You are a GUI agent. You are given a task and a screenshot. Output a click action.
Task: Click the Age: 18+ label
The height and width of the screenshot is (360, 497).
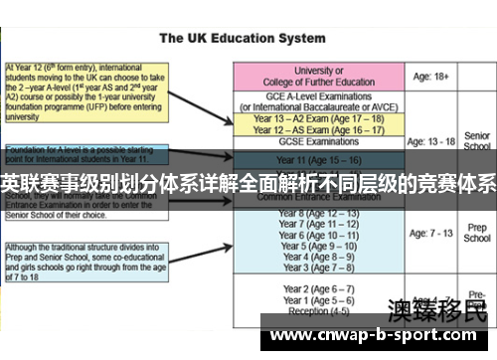(435, 76)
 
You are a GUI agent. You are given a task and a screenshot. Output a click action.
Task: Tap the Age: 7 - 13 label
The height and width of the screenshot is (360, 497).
(436, 234)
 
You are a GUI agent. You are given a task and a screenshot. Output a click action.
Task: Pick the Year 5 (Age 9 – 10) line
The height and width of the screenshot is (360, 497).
(321, 246)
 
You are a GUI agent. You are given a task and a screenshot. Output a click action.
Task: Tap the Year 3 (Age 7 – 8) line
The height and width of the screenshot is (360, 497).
(321, 268)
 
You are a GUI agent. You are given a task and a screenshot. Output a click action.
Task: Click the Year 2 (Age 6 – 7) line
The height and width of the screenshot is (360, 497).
(321, 289)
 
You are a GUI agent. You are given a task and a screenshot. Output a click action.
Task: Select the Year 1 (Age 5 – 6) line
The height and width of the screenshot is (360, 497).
(321, 300)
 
